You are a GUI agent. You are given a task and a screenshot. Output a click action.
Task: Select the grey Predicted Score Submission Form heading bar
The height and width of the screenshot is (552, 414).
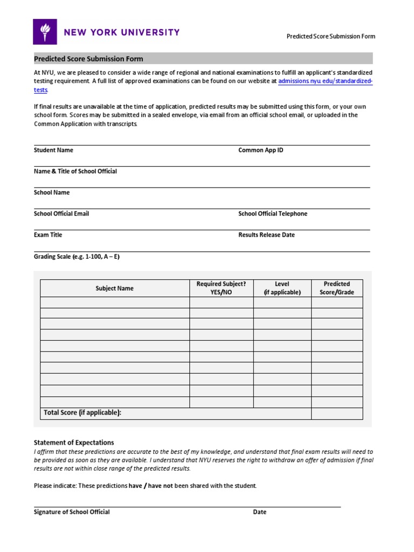tap(203, 59)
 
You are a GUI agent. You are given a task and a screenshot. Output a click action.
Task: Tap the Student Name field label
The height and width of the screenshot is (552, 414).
tap(53, 150)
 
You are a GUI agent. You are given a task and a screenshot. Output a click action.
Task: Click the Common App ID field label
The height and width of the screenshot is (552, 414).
tap(260, 150)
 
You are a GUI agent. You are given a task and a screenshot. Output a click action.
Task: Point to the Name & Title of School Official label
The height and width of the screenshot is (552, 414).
tap(75, 171)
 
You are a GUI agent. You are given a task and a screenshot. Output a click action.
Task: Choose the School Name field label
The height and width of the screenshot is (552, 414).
tap(52, 192)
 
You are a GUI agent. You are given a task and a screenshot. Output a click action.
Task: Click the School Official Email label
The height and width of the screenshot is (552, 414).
tap(61, 214)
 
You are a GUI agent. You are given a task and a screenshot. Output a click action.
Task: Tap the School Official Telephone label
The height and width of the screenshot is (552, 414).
tap(273, 214)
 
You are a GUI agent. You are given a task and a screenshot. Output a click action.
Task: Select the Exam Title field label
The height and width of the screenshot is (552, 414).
tap(48, 235)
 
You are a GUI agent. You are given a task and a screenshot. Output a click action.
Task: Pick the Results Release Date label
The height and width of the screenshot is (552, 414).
tap(266, 235)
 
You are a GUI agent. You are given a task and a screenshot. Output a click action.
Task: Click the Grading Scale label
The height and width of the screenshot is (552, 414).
tap(77, 257)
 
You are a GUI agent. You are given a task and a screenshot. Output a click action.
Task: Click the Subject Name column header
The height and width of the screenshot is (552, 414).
tap(114, 288)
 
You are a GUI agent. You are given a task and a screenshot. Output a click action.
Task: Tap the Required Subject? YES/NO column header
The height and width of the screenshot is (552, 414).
tap(221, 288)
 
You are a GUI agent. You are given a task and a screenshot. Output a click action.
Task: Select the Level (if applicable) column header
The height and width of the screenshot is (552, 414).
tap(282, 288)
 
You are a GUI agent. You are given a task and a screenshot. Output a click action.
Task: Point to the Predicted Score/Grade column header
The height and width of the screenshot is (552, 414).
tap(336, 288)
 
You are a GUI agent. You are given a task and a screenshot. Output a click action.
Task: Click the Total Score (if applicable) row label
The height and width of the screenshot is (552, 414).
tap(82, 413)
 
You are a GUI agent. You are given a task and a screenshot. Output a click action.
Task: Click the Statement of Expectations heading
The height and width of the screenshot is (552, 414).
tap(74, 443)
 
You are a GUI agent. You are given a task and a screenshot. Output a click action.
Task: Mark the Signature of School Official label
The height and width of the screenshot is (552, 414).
tap(72, 512)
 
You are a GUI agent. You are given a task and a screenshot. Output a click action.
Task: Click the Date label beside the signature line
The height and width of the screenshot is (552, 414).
tap(260, 512)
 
